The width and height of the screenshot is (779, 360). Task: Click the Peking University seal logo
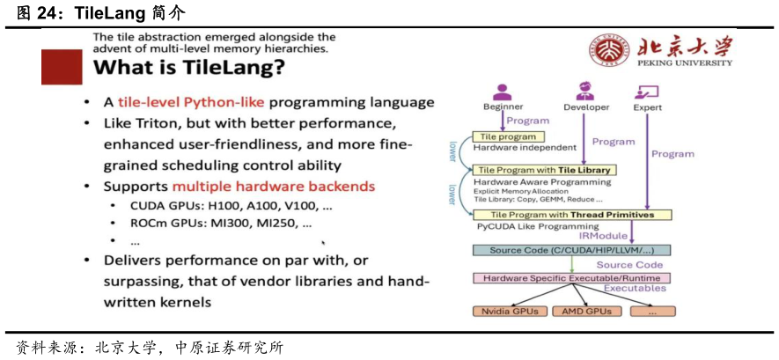point(608,51)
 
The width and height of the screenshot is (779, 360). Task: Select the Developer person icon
point(585,91)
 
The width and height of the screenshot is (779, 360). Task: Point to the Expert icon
point(648,91)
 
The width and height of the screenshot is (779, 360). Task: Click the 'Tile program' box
point(510,136)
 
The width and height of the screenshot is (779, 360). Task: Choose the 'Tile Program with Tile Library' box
point(543,170)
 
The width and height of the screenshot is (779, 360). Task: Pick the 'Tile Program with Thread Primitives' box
point(572,215)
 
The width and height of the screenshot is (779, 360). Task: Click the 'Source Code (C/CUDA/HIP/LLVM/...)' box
point(564,250)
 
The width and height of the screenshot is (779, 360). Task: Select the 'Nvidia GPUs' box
point(511,311)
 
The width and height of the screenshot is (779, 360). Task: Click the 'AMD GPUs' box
point(587,311)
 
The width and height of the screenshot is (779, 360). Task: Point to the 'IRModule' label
point(602,236)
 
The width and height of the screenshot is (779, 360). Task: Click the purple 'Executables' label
point(635,288)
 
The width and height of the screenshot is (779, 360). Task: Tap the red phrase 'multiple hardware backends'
point(274,187)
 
